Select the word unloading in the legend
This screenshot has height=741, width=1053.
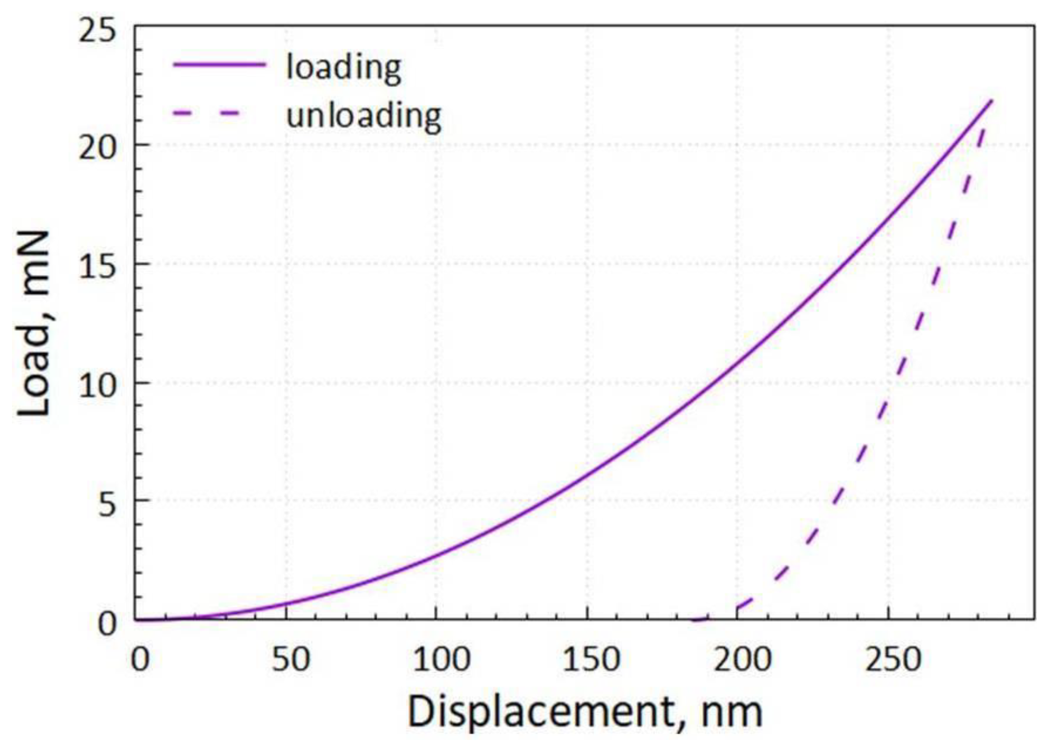364,115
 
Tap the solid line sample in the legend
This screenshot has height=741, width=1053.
219,64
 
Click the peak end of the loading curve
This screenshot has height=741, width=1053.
991,101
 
